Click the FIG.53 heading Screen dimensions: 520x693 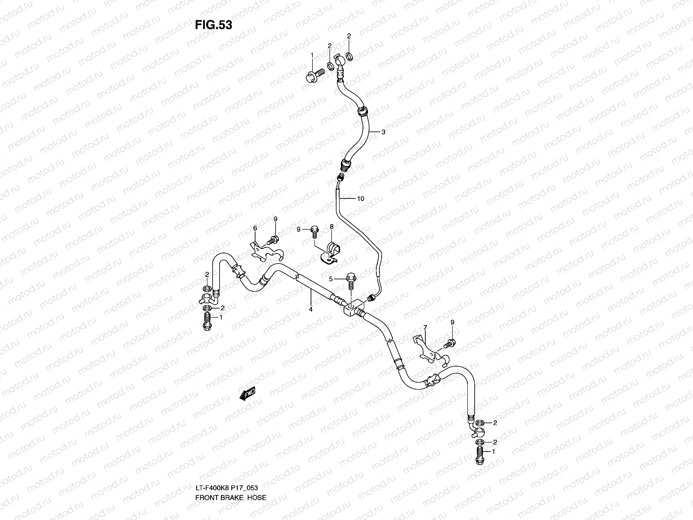click(x=213, y=25)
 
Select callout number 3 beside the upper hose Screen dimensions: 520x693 click(x=383, y=133)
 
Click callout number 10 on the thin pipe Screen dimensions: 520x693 click(x=360, y=199)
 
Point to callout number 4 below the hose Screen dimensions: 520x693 click(x=311, y=309)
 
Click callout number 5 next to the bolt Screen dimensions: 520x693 click(x=331, y=279)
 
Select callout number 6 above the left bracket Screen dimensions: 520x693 click(x=255, y=228)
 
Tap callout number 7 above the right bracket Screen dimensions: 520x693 click(x=425, y=328)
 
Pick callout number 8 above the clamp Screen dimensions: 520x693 click(x=331, y=227)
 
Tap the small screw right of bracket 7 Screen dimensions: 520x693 click(x=450, y=344)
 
